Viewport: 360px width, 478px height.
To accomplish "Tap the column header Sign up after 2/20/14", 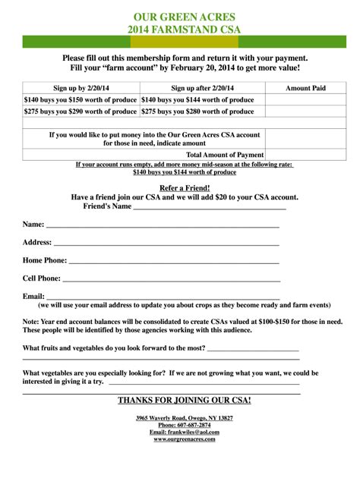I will (201, 88).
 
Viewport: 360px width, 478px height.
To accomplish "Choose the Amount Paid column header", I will (305, 88).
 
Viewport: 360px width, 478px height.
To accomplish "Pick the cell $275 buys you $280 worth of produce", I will (197, 112).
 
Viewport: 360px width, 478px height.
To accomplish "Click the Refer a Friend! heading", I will (185, 187).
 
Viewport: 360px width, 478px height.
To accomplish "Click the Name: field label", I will (33, 225).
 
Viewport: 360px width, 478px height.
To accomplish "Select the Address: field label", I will (37, 242).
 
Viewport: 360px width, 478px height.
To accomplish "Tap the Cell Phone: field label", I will (42, 278).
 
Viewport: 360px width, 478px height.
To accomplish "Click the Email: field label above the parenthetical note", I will (33, 296).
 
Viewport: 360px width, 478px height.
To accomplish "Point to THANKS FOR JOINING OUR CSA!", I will (185, 400).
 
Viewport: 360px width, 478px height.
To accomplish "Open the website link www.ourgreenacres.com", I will (185, 439).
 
